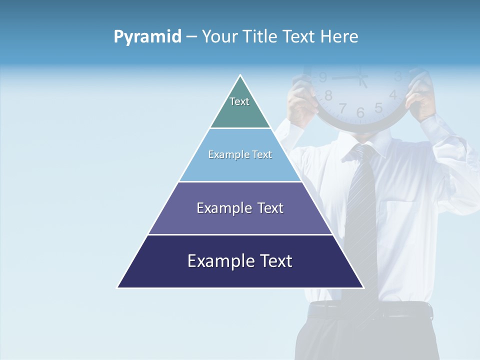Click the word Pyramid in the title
[x=147, y=37]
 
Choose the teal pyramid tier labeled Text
[x=240, y=107]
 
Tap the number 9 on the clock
[x=323, y=77]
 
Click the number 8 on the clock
[x=328, y=95]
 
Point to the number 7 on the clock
[x=342, y=107]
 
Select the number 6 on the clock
[x=360, y=112]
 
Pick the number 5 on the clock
[x=378, y=107]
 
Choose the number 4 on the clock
[x=393, y=94]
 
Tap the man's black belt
[x=370, y=311]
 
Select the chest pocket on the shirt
[x=400, y=220]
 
